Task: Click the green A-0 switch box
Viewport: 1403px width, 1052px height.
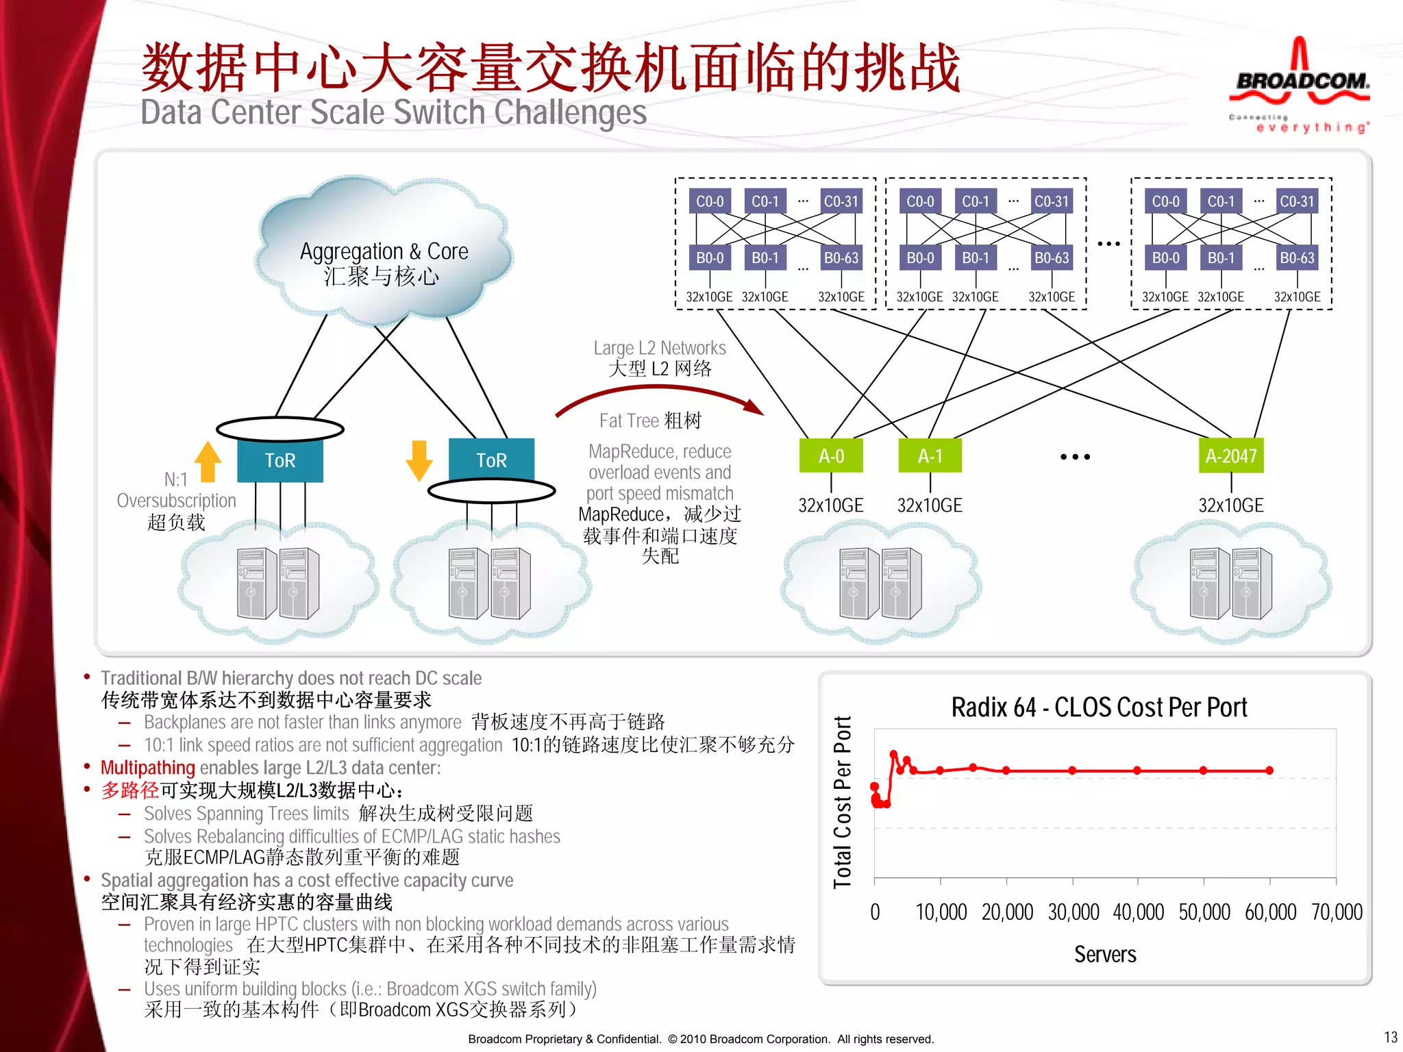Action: pos(831,455)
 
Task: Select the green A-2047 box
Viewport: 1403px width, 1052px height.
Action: pos(1230,455)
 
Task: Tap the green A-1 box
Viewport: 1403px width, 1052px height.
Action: pos(930,455)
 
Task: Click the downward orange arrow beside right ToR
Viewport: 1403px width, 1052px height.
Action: pos(419,460)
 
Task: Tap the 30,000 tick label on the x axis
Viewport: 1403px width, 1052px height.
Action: pos(1073,912)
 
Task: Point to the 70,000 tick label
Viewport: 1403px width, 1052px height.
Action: pos(1336,912)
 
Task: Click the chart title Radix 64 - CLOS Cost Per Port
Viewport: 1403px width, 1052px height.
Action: pos(1099,707)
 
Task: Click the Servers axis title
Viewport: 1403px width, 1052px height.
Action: pos(1104,954)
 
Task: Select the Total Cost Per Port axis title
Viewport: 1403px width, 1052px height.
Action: pos(842,802)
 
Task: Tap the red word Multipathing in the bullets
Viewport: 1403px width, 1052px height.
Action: pos(148,768)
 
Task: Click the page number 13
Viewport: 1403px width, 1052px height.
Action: pos(1390,1037)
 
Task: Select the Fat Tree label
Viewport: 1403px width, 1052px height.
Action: pos(649,421)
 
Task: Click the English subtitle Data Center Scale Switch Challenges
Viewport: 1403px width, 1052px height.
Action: pos(393,112)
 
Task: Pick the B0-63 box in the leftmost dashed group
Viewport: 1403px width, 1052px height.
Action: pos(841,258)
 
